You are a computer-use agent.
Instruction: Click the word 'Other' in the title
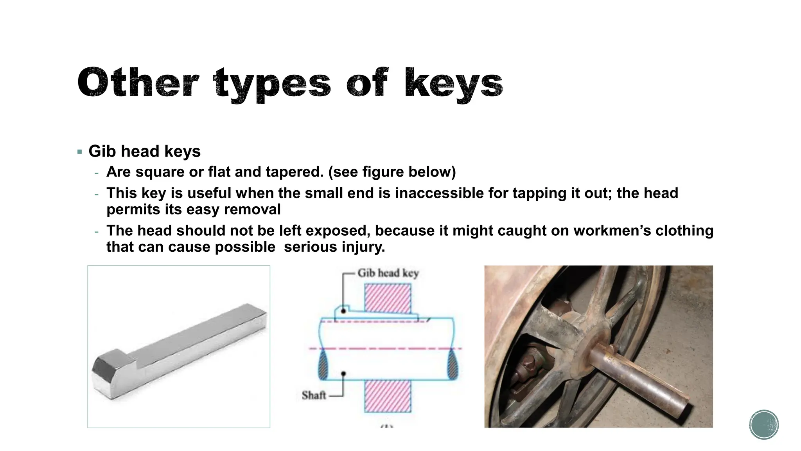(x=138, y=83)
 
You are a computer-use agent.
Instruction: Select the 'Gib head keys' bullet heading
(x=144, y=152)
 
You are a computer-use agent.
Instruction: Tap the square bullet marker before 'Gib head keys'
(x=80, y=152)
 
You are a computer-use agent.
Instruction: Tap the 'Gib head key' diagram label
(x=388, y=273)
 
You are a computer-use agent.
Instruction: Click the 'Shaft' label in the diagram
(x=314, y=395)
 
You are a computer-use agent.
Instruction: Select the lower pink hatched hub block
(x=388, y=396)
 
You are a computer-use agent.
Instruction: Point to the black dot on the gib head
(x=343, y=311)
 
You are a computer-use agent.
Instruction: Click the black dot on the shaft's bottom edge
(x=343, y=374)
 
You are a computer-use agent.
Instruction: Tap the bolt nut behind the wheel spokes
(x=529, y=363)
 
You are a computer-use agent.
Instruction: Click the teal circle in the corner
(x=764, y=424)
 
